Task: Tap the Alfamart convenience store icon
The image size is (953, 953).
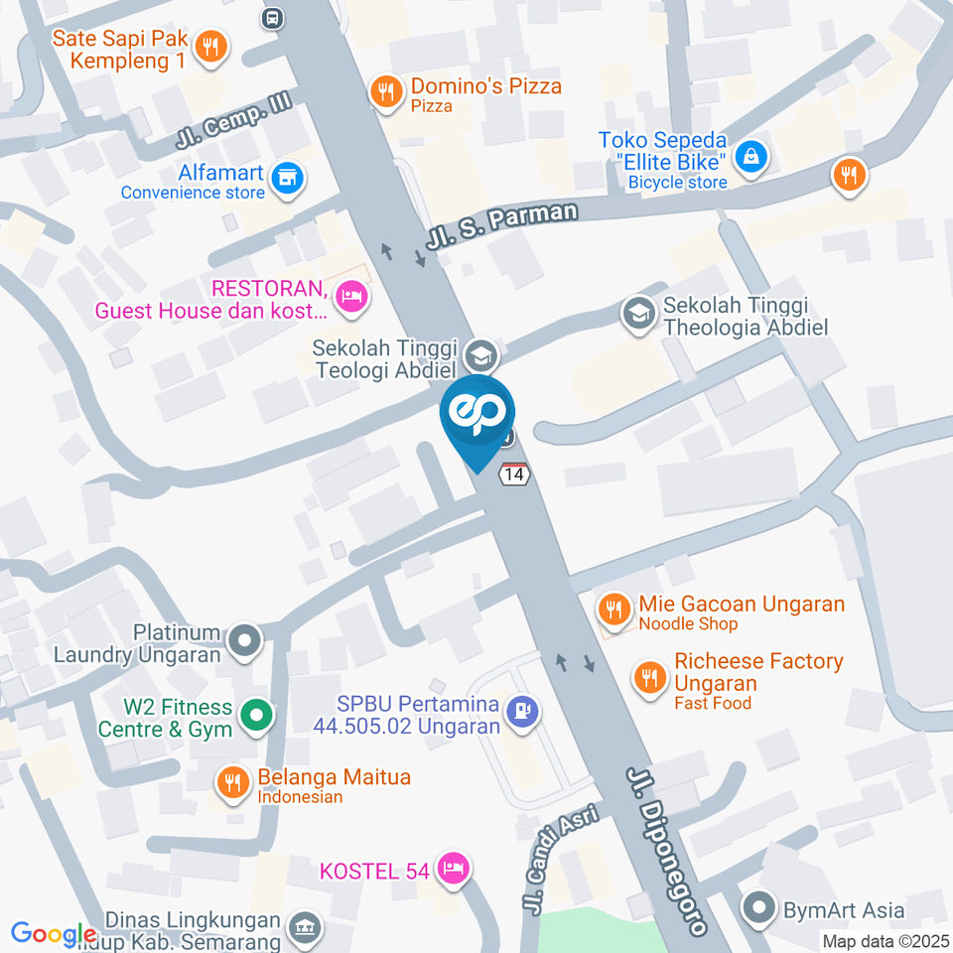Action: (288, 179)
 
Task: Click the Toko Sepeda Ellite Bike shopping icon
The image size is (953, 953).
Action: (752, 156)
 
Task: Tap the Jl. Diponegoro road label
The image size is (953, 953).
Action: (667, 850)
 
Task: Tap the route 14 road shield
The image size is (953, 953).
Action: (513, 475)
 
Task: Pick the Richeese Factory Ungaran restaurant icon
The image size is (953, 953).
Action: (649, 678)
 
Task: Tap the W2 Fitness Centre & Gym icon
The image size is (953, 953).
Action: (257, 716)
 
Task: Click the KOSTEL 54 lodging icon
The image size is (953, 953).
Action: (454, 869)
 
